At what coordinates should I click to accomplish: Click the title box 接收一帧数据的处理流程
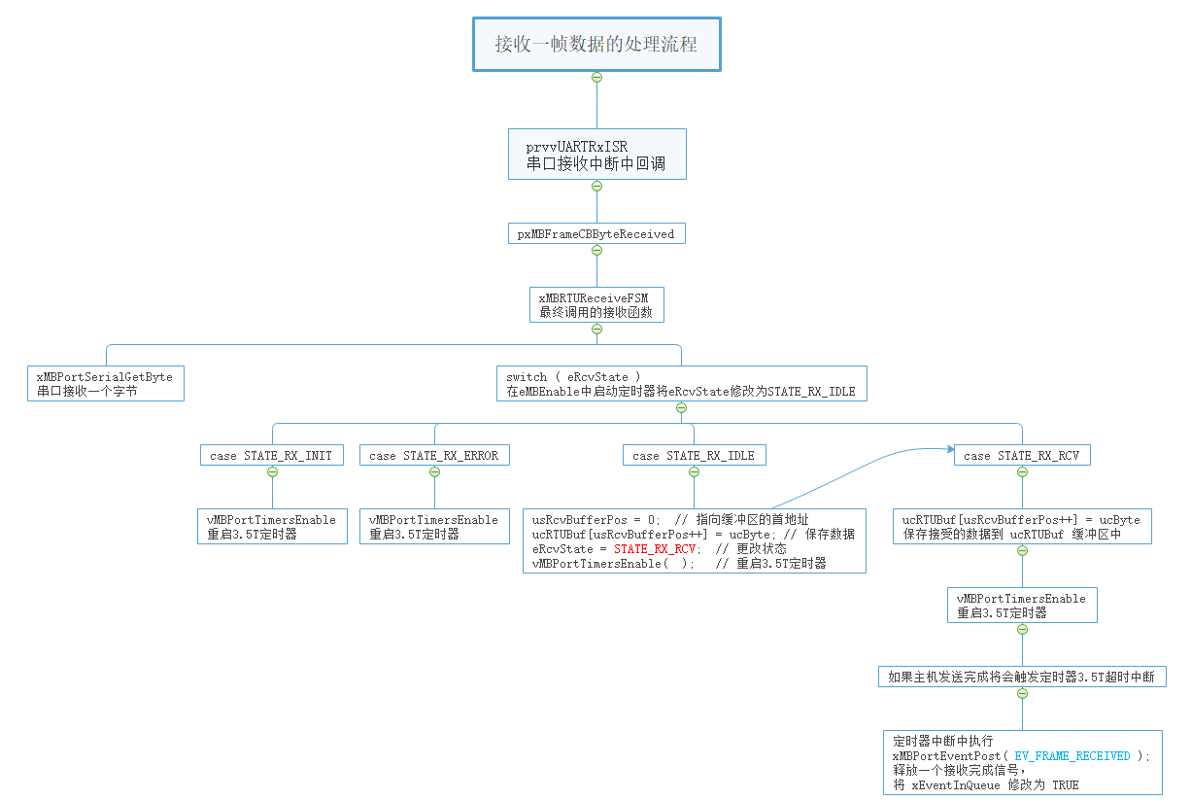596,44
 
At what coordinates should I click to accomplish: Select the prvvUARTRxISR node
596,155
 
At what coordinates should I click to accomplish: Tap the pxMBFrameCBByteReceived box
596,234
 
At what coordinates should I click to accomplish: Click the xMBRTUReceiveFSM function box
596,305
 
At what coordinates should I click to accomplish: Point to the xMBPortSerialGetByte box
106,384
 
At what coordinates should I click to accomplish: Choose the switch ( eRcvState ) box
680,384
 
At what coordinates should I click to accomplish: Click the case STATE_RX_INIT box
271,456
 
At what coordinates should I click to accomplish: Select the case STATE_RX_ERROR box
433,456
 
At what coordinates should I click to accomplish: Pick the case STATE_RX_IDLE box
693,456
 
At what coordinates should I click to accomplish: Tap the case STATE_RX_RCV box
1021,456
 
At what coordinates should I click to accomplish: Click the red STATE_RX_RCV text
656,548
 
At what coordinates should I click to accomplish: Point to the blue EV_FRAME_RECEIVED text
1072,755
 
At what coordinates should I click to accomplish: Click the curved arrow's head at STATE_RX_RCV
949,449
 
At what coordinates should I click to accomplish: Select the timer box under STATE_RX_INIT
271,527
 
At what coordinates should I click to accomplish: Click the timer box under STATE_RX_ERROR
433,527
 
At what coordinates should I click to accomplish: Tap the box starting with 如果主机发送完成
1021,678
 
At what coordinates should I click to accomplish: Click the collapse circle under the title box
596,77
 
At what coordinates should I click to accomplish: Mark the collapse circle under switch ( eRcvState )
680,407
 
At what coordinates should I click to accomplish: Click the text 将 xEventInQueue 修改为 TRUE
985,784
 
